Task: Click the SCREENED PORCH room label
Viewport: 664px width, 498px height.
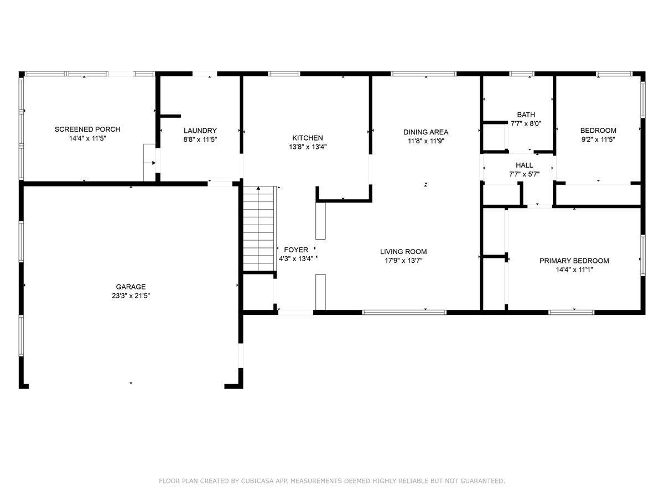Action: click(87, 129)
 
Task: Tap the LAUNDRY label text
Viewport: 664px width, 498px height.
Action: click(200, 131)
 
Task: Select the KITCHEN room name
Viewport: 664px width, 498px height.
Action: click(307, 138)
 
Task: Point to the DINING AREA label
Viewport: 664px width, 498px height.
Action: click(426, 132)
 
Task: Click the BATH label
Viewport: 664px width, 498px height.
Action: click(526, 115)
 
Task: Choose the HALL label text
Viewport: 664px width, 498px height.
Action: click(524, 165)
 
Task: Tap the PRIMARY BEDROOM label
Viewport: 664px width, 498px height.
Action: click(574, 261)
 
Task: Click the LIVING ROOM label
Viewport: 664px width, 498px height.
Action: click(403, 252)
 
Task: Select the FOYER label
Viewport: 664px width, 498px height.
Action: click(296, 250)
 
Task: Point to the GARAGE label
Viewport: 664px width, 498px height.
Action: click(131, 287)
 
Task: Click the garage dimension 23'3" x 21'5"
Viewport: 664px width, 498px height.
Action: click(131, 295)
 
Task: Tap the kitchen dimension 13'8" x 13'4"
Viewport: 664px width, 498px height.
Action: click(307, 147)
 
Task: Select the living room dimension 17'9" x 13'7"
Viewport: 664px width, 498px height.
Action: click(403, 261)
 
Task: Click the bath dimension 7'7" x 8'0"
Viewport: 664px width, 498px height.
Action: click(526, 123)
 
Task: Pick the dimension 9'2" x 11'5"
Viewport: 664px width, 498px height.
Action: click(598, 139)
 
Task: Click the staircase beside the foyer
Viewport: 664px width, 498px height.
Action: click(259, 229)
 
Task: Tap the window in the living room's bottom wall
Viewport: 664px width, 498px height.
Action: click(404, 312)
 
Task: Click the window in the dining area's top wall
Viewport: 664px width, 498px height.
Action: click(423, 74)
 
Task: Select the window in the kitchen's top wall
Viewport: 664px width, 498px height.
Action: click(284, 74)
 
